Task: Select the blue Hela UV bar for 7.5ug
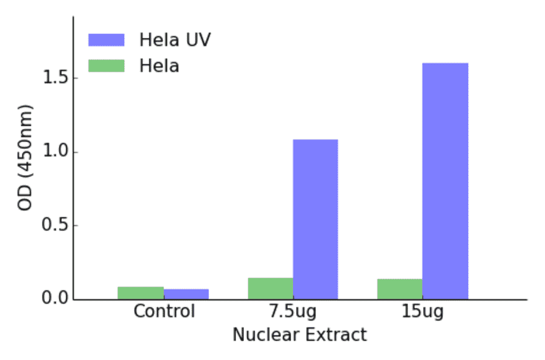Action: coord(315,219)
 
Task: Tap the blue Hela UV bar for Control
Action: coord(186,294)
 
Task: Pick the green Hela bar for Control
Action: coord(140,293)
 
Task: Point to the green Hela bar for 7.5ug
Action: coord(270,288)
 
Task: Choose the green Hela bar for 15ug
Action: coord(400,289)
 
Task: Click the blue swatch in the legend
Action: coord(106,40)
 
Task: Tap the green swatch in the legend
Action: coord(106,65)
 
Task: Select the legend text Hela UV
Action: coord(175,40)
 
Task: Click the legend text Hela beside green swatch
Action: coord(159,65)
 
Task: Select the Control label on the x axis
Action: coord(164,312)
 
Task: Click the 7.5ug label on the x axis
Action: coord(292,313)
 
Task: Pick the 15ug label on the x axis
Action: coord(423,313)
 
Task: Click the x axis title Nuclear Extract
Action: coord(300,335)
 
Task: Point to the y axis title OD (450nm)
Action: coord(25,158)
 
